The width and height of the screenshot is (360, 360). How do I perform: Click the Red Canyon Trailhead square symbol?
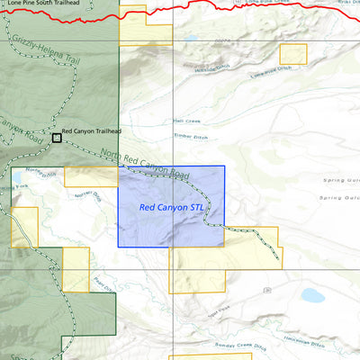pos(57,138)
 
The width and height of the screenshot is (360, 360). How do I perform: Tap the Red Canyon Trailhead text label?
pos(91,131)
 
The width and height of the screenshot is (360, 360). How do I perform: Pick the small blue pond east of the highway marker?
pos(311,294)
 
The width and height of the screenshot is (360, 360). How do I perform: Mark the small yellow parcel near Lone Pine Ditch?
pos(292,53)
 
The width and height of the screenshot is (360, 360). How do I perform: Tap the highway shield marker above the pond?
pos(267,289)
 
